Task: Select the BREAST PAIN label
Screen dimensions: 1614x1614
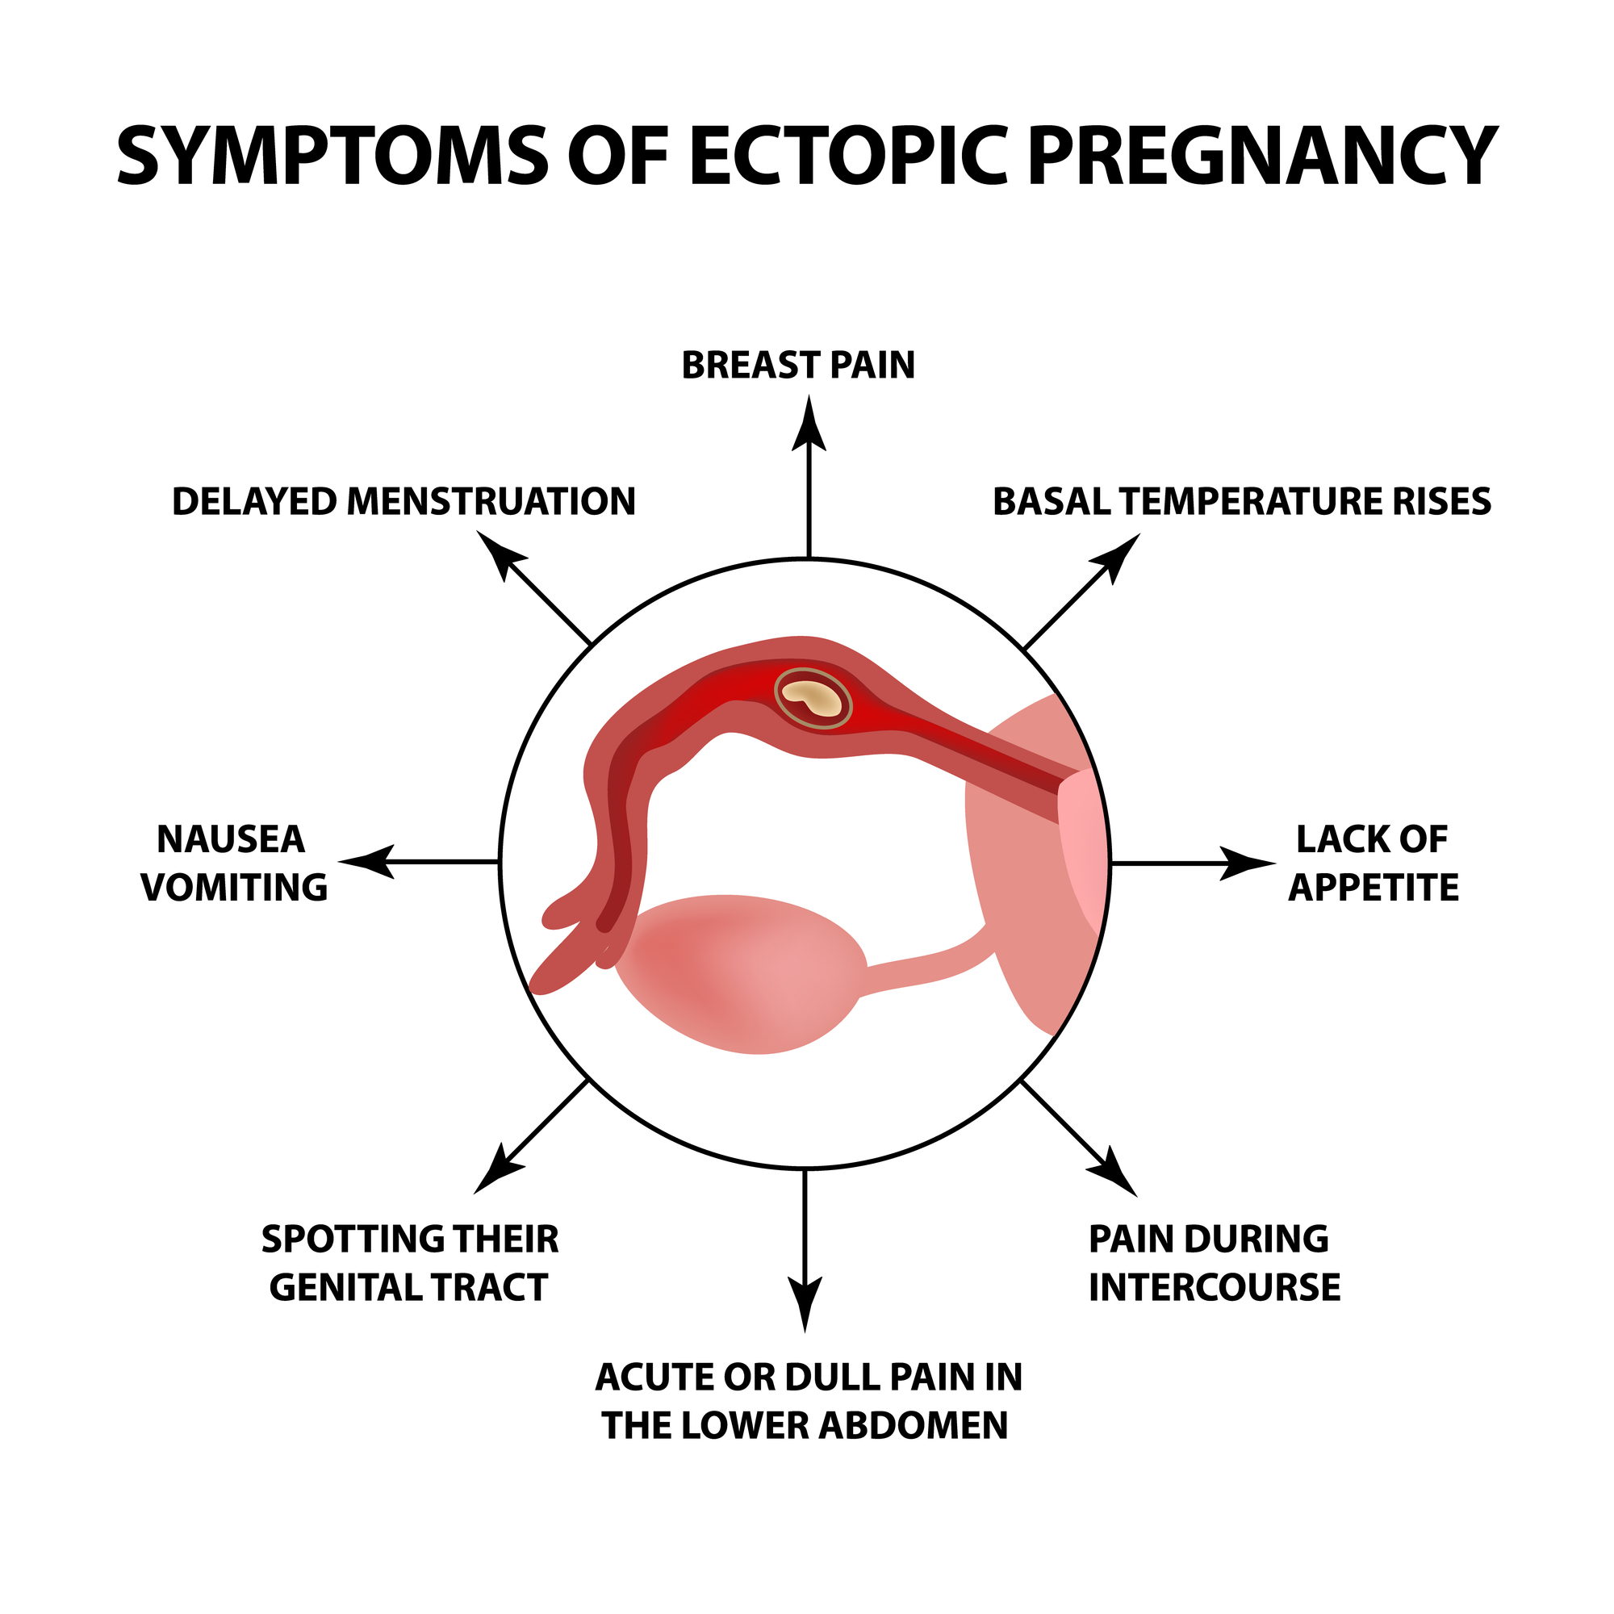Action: click(798, 366)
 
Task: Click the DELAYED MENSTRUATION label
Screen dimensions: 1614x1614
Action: click(403, 502)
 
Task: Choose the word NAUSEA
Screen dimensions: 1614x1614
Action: click(232, 840)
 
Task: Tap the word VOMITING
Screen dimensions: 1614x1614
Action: click(235, 888)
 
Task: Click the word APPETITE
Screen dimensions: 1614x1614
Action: click(1374, 888)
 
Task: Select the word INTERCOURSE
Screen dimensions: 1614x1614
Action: click(1215, 1287)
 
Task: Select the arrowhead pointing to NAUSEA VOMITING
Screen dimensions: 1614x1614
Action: click(367, 861)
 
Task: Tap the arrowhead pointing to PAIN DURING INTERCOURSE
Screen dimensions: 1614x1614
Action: click(1114, 1173)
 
